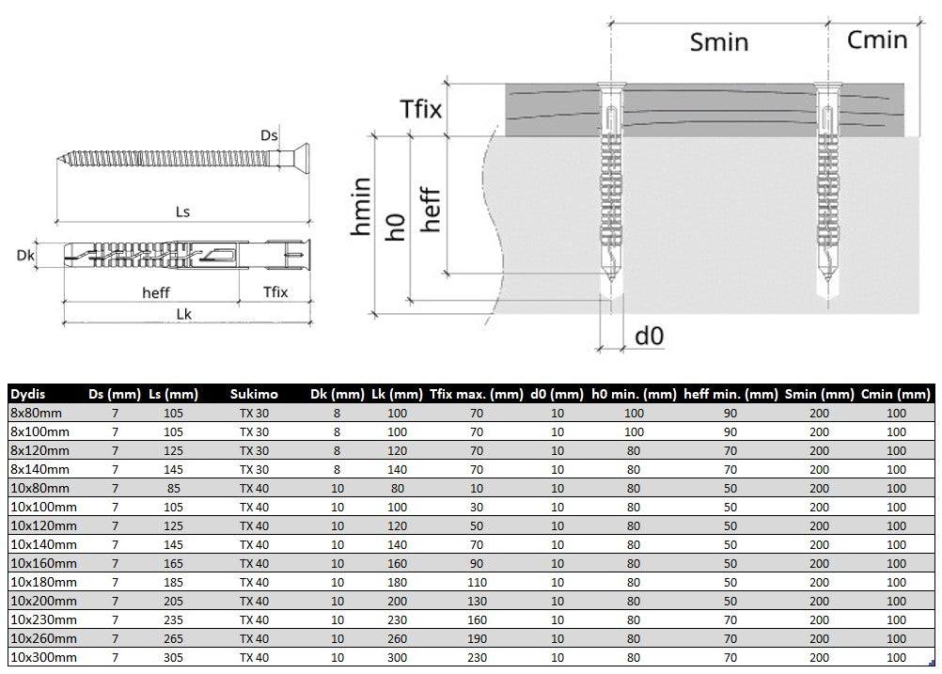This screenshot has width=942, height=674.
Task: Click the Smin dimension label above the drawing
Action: [x=718, y=42]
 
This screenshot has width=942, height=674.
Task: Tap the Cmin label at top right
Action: [x=876, y=39]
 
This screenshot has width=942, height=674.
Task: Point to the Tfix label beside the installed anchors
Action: [x=420, y=109]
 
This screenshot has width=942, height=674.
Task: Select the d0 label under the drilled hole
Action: [x=649, y=336]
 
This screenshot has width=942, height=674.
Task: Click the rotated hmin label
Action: [x=360, y=206]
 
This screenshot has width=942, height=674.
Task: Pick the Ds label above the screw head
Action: [x=269, y=135]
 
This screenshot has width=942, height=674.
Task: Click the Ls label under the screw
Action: [x=182, y=212]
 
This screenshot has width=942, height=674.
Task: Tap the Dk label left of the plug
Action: [x=25, y=256]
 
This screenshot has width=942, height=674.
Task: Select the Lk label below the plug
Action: [x=184, y=314]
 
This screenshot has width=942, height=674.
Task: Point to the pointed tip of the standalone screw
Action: [x=59, y=159]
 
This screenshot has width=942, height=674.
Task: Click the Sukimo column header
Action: [x=254, y=394]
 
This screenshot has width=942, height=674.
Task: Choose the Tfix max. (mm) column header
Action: [x=477, y=394]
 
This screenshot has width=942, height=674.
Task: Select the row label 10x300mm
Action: [x=43, y=657]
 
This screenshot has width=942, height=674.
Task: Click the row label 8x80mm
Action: [x=36, y=413]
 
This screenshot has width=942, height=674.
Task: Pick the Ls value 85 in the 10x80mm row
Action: [x=174, y=488]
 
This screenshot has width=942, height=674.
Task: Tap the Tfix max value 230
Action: [x=477, y=657]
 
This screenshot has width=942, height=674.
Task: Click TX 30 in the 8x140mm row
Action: [x=254, y=469]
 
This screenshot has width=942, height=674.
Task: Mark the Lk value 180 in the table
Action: [x=397, y=582]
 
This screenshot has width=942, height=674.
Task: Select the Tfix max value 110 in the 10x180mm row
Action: [x=477, y=582]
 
